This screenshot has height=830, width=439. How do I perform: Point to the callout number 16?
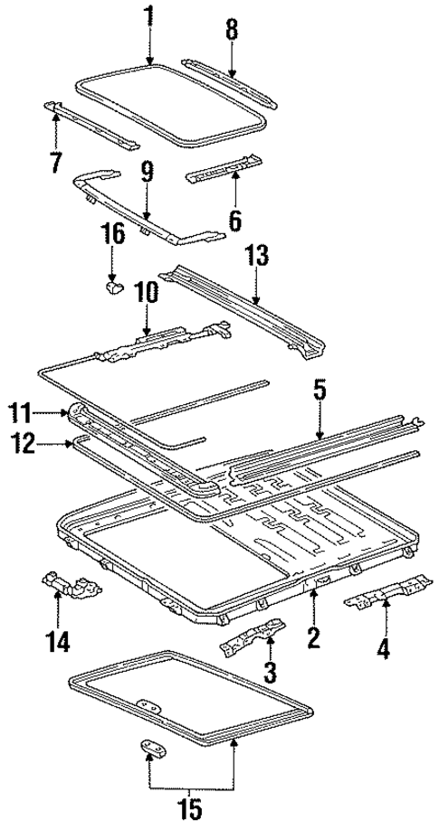coord(112,237)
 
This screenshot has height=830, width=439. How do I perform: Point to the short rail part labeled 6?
coord(223,169)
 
